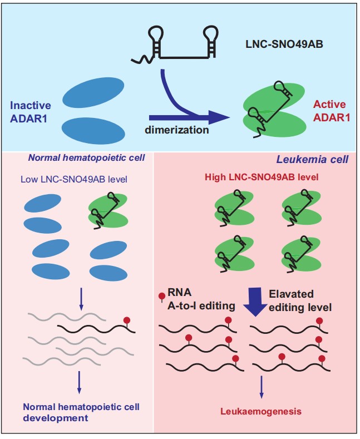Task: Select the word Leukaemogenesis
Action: [x=261, y=412]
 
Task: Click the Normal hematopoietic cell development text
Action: [x=81, y=412]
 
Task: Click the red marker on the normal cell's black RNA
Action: [x=127, y=321]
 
